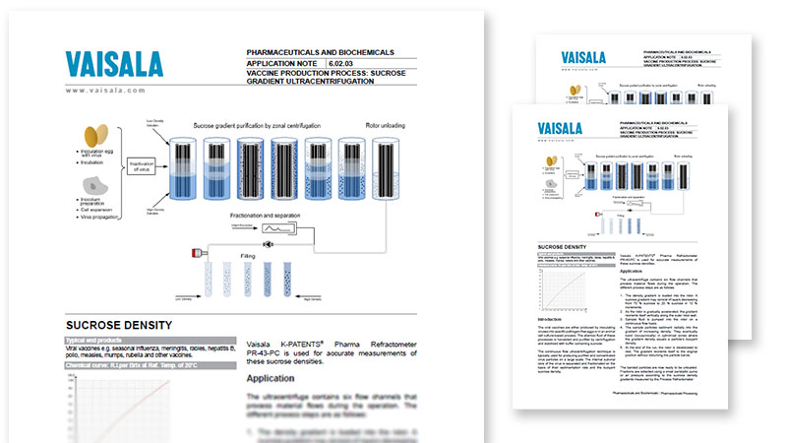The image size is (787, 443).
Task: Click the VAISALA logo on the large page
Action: click(114, 63)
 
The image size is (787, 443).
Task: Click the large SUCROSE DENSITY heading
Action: click(119, 324)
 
